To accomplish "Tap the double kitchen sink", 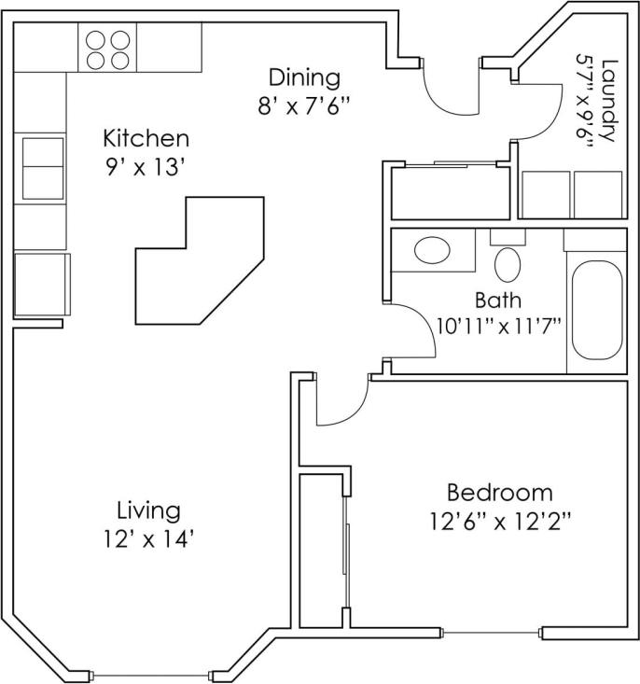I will tap(42, 165).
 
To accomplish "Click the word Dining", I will tap(304, 77).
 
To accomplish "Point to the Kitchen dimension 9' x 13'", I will tap(146, 170).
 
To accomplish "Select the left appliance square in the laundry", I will tap(544, 195).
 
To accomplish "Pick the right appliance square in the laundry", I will tap(598, 195).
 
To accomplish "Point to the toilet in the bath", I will tap(508, 260).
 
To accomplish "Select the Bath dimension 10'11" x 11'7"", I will tap(497, 327).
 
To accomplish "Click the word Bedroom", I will tap(499, 492).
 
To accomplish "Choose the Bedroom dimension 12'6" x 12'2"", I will tap(499, 520).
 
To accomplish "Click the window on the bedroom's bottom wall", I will tap(491, 634).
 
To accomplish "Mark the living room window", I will tap(153, 675).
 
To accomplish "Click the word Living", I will tap(147, 510).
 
